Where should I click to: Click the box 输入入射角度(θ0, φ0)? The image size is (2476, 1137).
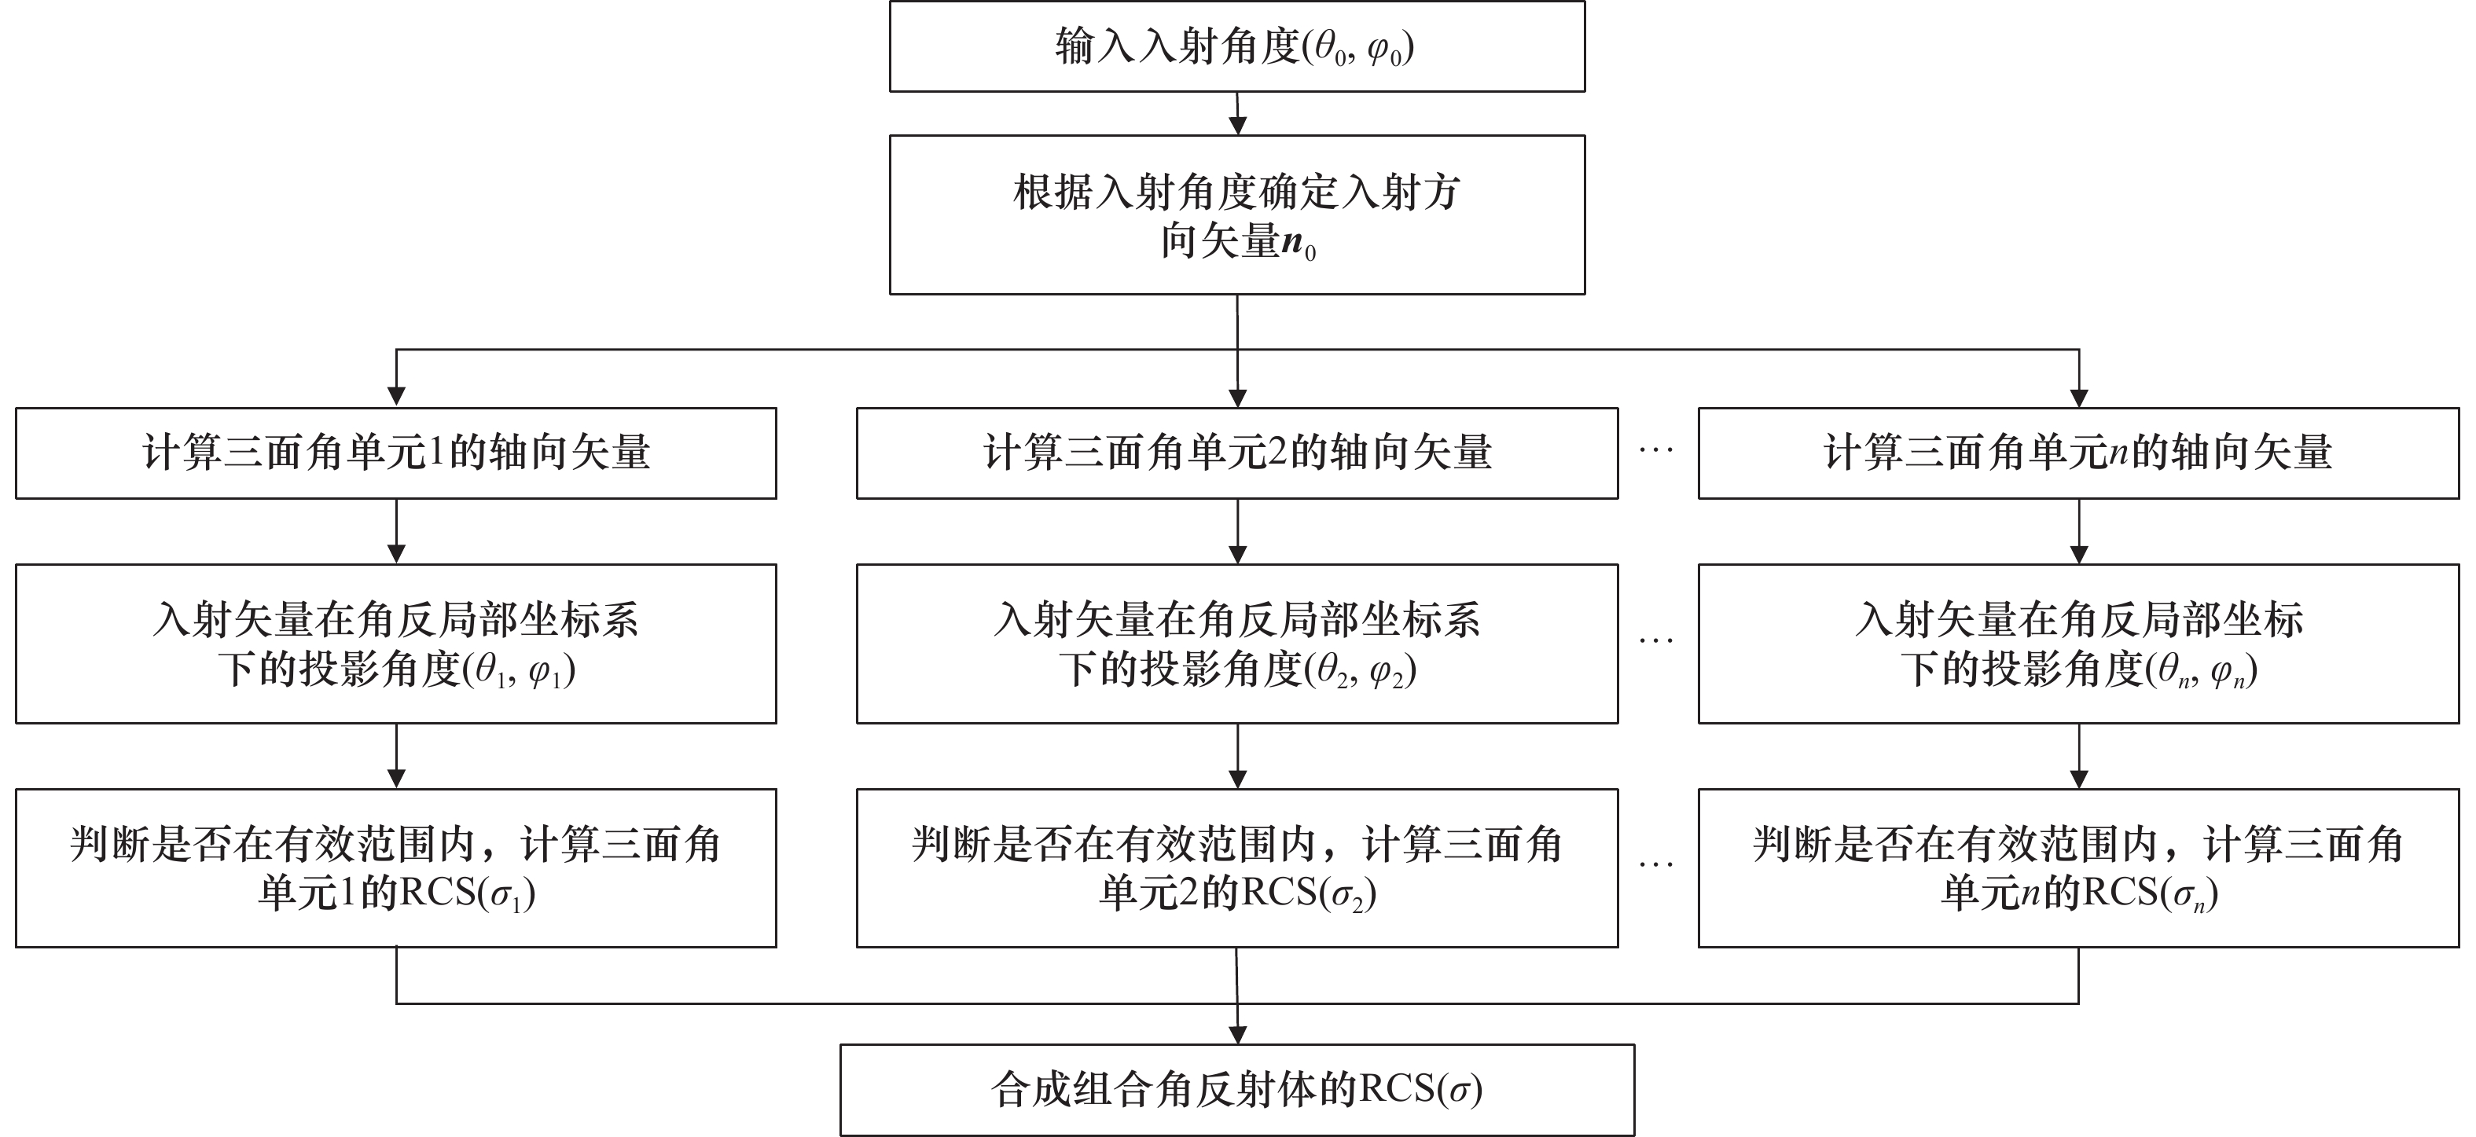point(1236,47)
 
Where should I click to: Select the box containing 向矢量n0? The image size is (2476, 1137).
point(1236,215)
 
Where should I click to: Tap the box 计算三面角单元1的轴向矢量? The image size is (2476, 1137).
point(395,453)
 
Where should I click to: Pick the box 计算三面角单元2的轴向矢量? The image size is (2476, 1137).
point(1236,453)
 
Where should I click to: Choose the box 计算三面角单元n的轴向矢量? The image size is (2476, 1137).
point(2078,453)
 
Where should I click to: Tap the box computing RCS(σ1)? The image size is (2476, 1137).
point(395,868)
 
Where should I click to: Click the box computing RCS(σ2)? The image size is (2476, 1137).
point(1236,868)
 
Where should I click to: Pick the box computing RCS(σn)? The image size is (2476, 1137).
point(2078,868)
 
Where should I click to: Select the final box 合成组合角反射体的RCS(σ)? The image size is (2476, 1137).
point(1236,1090)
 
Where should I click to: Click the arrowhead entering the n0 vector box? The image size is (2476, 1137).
point(1238,126)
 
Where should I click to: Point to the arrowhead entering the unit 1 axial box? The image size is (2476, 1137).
point(396,397)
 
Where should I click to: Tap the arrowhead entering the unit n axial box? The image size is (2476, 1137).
point(2079,397)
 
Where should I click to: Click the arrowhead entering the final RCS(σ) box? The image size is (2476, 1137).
point(1238,1035)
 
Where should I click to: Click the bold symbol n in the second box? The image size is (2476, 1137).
point(1293,241)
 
